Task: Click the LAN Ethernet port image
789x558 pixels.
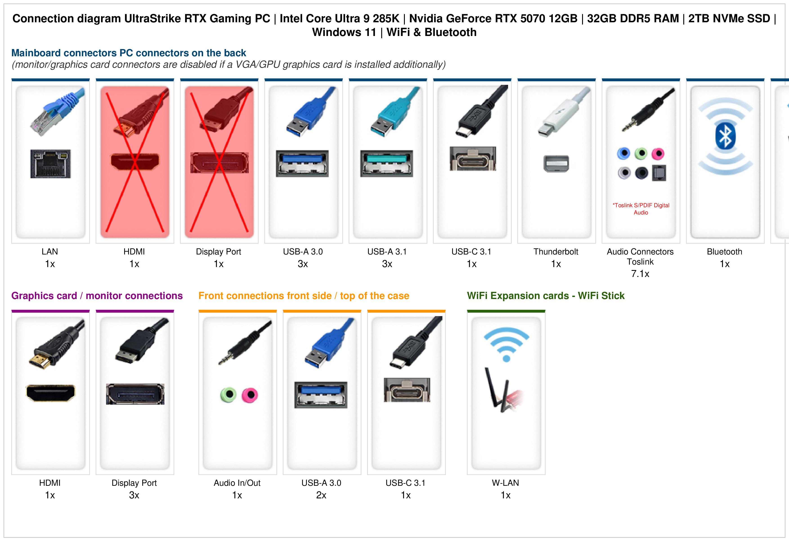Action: [x=51, y=164]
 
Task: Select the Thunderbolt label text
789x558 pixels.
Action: [x=556, y=252]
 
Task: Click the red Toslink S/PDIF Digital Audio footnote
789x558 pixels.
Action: [x=641, y=209]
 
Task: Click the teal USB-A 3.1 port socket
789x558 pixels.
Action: [x=387, y=164]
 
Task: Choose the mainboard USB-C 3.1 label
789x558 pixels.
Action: [x=471, y=252]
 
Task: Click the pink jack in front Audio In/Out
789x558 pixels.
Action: [x=250, y=395]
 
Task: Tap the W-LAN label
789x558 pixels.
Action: [x=506, y=483]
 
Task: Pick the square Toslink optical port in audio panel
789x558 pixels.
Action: [x=659, y=173]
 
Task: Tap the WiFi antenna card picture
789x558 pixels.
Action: [x=503, y=390]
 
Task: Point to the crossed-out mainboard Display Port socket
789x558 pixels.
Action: [x=219, y=163]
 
